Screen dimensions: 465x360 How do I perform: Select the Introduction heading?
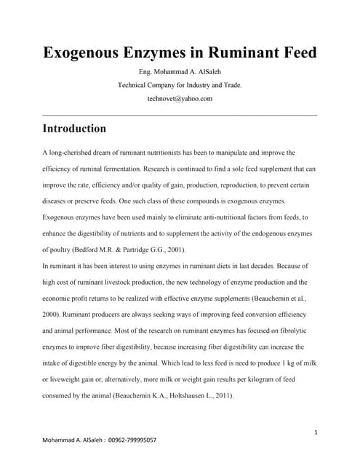74,129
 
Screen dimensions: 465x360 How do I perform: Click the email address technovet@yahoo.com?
180,99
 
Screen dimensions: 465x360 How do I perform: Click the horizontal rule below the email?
180,115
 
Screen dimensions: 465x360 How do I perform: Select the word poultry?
66,249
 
